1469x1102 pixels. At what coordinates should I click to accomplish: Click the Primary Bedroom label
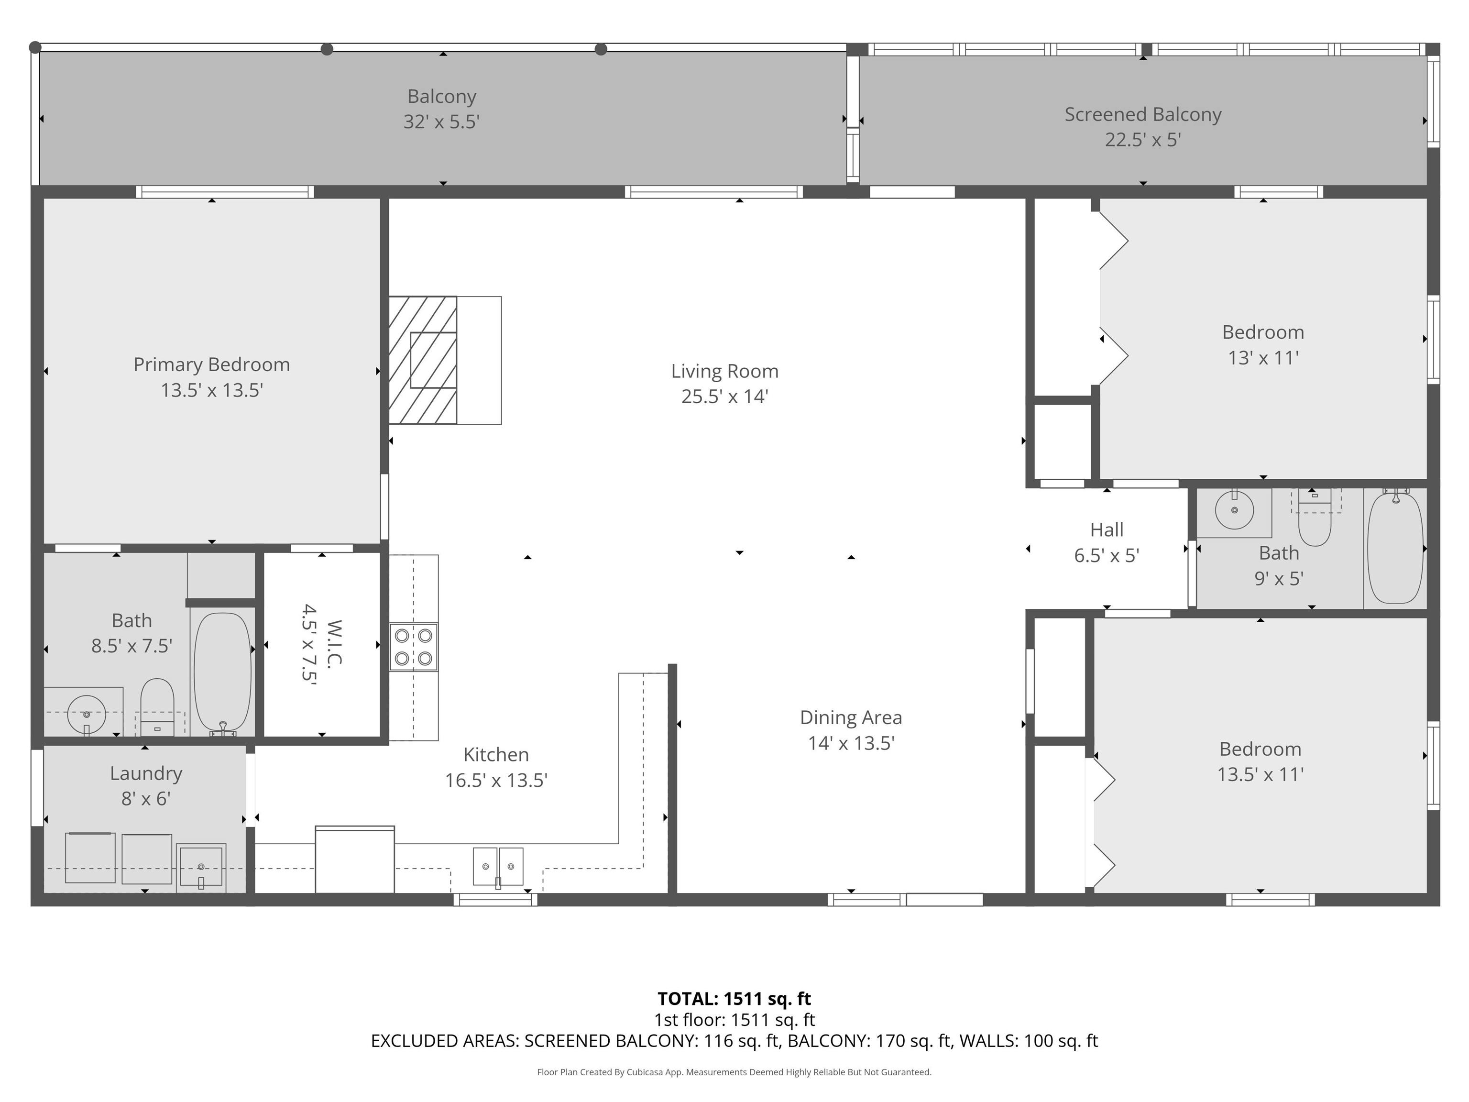(211, 364)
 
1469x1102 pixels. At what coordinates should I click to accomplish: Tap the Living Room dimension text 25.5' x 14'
(724, 397)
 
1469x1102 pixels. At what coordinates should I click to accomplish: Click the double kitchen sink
(497, 866)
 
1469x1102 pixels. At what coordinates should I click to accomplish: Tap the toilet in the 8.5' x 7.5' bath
(157, 706)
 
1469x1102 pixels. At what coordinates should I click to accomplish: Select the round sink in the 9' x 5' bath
(1234, 510)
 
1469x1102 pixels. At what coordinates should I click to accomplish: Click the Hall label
(1107, 529)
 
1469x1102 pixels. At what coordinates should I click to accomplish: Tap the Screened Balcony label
(1142, 114)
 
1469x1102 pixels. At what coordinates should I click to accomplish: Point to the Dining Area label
(850, 717)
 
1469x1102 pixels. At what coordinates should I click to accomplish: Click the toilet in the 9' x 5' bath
(1314, 523)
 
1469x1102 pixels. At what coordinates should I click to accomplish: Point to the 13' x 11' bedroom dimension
(1262, 358)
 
